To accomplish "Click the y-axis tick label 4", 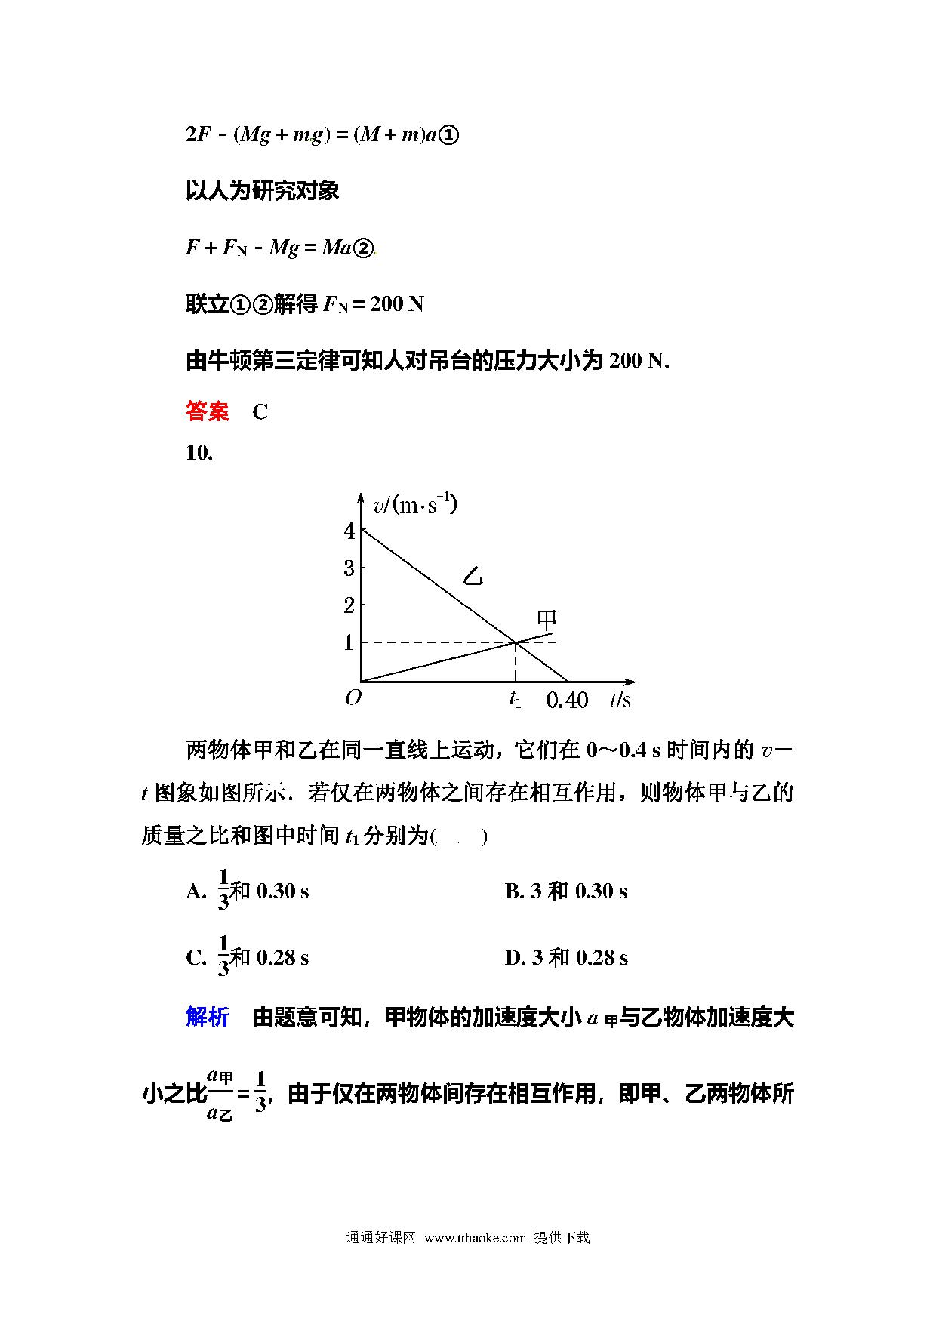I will pos(349,531).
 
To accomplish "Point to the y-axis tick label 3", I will pos(349,568).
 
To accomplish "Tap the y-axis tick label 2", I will pos(349,605).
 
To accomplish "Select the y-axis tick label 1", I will pos(349,642).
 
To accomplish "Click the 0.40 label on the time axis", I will pos(567,700).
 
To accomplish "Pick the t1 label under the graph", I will pos(516,699).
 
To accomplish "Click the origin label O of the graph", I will pos(353,697).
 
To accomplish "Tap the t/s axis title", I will pos(620,700).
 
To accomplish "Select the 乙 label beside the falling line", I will pos(473,577).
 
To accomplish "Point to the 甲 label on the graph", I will pos(547,620).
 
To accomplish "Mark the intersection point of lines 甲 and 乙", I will pos(516,642).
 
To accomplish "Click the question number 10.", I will pos(199,453).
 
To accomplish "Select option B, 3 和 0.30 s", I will pos(565,891).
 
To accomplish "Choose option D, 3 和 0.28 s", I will pos(566,958).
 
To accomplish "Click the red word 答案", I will pos(207,411).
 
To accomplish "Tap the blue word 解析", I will pos(207,1018).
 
